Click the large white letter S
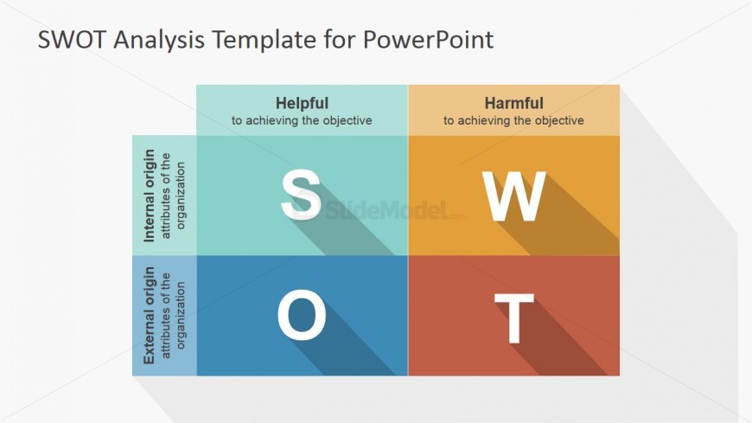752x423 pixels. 301,195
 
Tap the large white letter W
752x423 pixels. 513,195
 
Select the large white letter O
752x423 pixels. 302,315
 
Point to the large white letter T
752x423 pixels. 513,317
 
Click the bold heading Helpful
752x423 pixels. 302,103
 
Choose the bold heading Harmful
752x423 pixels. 513,103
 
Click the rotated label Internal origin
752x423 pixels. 150,195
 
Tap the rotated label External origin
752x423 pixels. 150,316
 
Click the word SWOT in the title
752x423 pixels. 72,40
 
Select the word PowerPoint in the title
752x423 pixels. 428,40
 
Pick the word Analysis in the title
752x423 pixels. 159,41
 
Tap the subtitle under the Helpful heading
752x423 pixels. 302,120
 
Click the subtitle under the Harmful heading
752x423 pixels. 513,120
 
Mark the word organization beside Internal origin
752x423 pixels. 181,195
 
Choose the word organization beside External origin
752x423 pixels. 181,316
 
